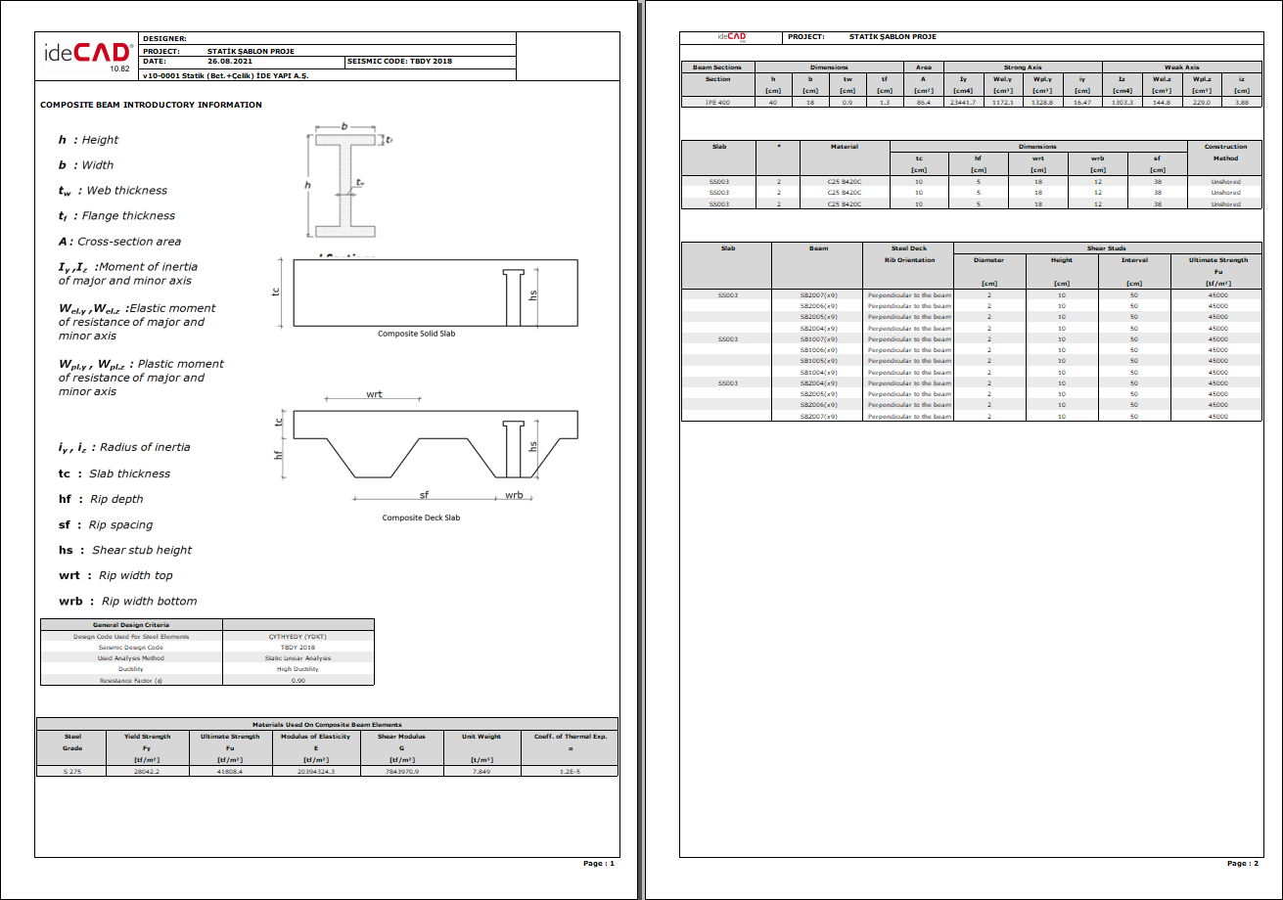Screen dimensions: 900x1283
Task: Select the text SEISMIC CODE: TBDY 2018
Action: click(x=400, y=62)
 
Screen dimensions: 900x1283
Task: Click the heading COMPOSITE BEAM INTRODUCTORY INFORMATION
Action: click(x=151, y=105)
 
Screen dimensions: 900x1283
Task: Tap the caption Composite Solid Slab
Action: click(x=416, y=334)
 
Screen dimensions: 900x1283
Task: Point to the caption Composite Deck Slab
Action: click(x=421, y=517)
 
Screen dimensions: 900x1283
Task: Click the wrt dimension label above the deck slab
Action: click(x=374, y=393)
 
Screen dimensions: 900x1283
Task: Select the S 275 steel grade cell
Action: click(x=73, y=772)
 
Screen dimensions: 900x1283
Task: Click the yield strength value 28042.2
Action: click(x=147, y=772)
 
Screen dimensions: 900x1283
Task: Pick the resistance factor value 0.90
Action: click(x=298, y=680)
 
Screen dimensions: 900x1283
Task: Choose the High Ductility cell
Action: click(x=298, y=669)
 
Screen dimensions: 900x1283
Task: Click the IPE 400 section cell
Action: click(x=717, y=102)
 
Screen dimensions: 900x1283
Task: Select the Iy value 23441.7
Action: click(x=964, y=102)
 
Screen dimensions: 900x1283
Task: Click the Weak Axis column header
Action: click(x=1181, y=67)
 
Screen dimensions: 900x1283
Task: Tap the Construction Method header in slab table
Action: click(x=1225, y=153)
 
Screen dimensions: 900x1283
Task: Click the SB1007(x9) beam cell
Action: click(x=818, y=338)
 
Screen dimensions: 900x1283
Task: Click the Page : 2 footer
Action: click(x=1242, y=864)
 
